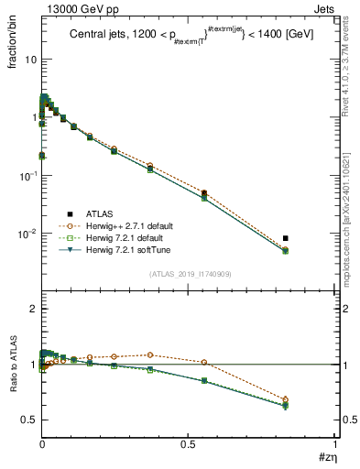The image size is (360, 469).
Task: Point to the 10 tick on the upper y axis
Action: coord(30,59)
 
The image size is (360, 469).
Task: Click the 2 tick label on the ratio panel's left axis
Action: coord(33,310)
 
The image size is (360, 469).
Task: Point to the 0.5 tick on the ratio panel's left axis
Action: coord(29,420)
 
